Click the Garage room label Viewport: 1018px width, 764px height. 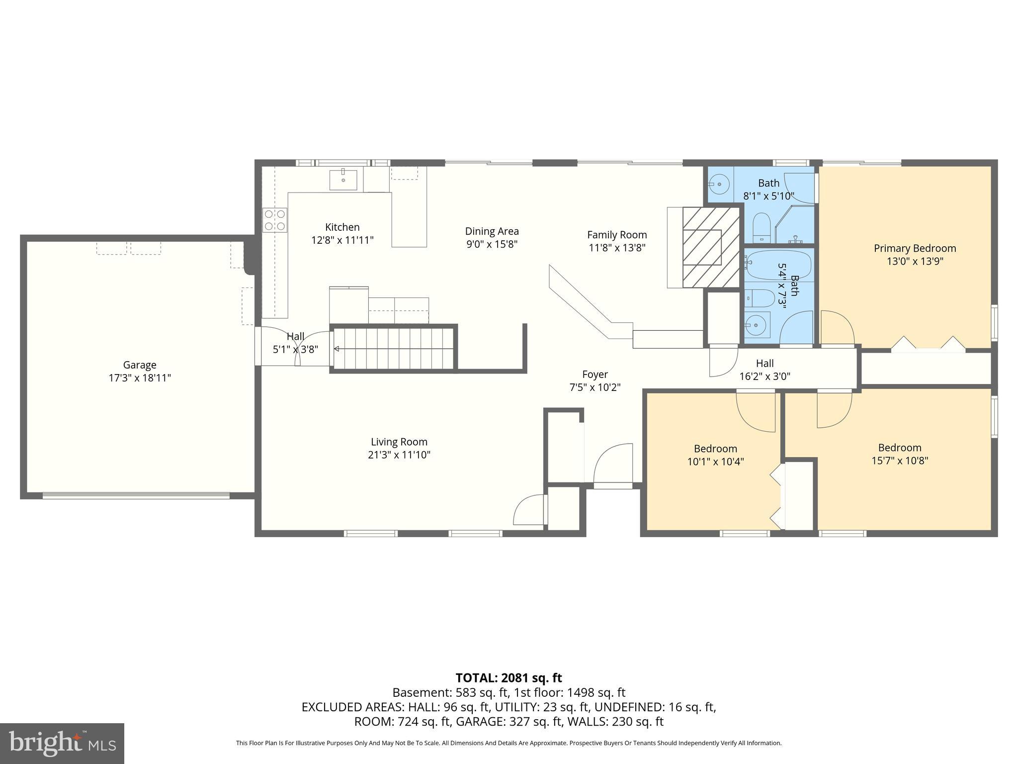coord(140,365)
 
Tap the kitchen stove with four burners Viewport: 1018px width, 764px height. coord(275,220)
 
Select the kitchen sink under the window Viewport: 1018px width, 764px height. coord(343,180)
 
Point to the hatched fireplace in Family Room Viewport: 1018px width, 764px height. coord(711,247)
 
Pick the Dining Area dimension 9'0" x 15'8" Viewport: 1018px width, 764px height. coord(492,244)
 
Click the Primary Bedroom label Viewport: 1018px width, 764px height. coord(915,248)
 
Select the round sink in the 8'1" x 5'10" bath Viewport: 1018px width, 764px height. coord(719,185)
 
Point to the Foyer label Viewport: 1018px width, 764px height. coord(595,375)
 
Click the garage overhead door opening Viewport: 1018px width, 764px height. coord(136,495)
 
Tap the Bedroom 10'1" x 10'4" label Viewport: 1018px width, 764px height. coord(715,449)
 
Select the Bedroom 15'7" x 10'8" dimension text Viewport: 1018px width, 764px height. coord(900,461)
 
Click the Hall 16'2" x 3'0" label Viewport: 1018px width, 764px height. coord(764,364)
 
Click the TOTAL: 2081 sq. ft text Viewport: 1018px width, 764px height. coord(509,678)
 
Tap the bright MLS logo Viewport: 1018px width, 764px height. coord(62,743)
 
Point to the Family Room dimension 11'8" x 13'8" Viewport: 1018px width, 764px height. coord(617,248)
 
